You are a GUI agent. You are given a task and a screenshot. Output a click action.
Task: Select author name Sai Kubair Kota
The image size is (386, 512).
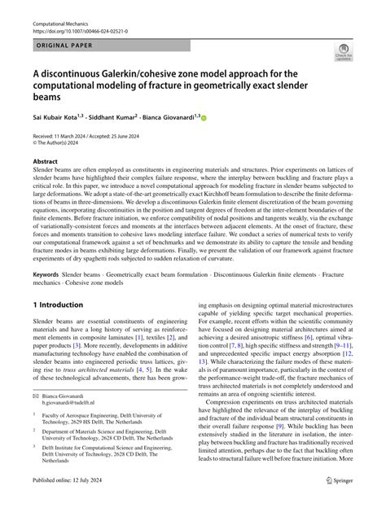point(58,117)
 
